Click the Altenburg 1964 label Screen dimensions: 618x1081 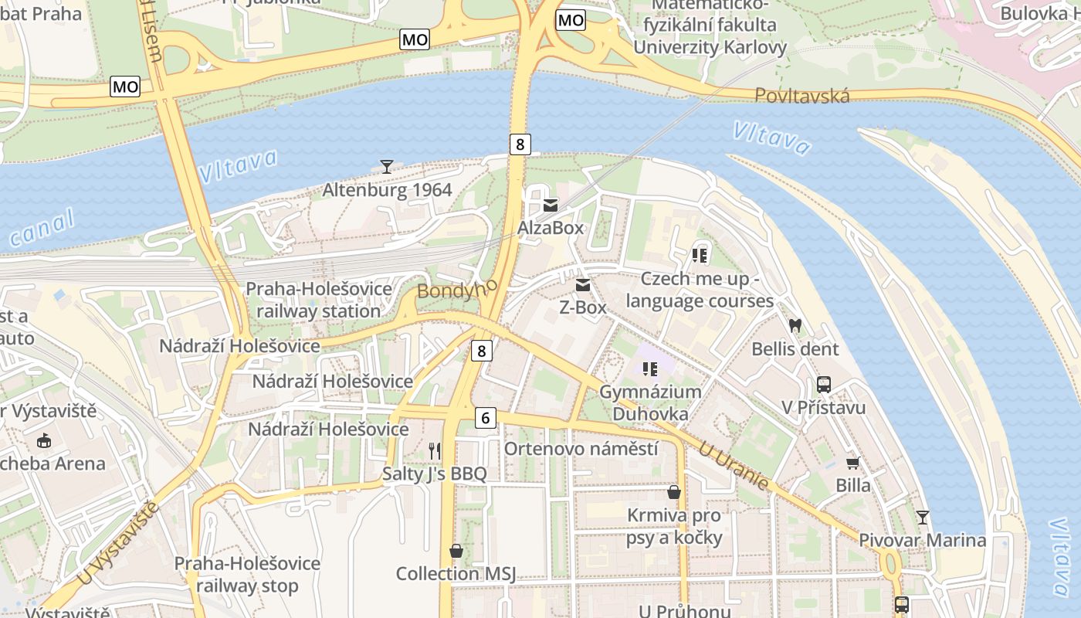[x=387, y=189]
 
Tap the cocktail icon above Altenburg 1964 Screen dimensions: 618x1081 [x=387, y=166]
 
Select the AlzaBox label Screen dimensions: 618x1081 [x=551, y=228]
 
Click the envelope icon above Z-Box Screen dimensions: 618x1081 [x=583, y=285]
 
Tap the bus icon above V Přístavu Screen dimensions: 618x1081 [x=824, y=385]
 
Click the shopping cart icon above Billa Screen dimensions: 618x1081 [x=853, y=463]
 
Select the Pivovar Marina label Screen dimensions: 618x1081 [x=923, y=540]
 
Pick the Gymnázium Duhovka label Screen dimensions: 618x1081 [x=650, y=402]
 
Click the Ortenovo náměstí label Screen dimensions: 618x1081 [x=581, y=448]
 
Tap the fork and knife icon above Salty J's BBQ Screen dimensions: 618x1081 [x=435, y=450]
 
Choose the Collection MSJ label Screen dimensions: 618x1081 [x=456, y=573]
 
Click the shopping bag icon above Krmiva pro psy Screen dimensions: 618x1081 [x=674, y=492]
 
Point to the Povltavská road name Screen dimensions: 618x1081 [x=802, y=96]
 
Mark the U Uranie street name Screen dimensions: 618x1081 [x=734, y=466]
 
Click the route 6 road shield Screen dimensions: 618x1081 [x=485, y=418]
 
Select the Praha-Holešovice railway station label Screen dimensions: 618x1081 [x=318, y=300]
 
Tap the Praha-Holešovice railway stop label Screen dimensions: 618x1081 [x=247, y=574]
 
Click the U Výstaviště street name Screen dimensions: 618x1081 [x=120, y=544]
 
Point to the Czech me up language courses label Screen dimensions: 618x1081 [x=700, y=290]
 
